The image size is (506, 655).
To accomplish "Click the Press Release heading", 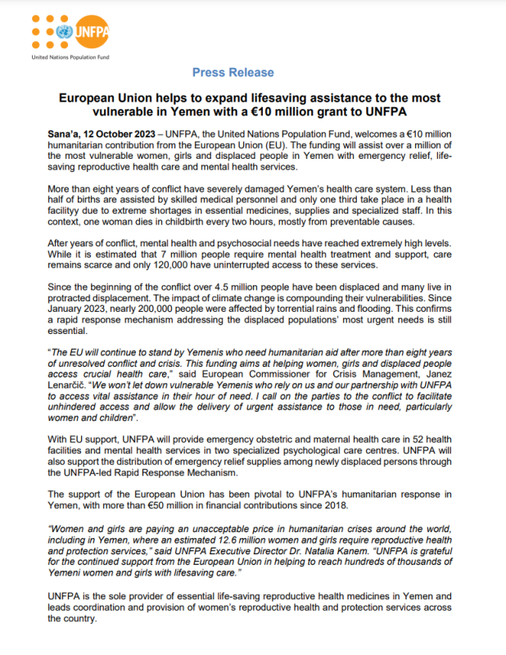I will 233,73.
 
